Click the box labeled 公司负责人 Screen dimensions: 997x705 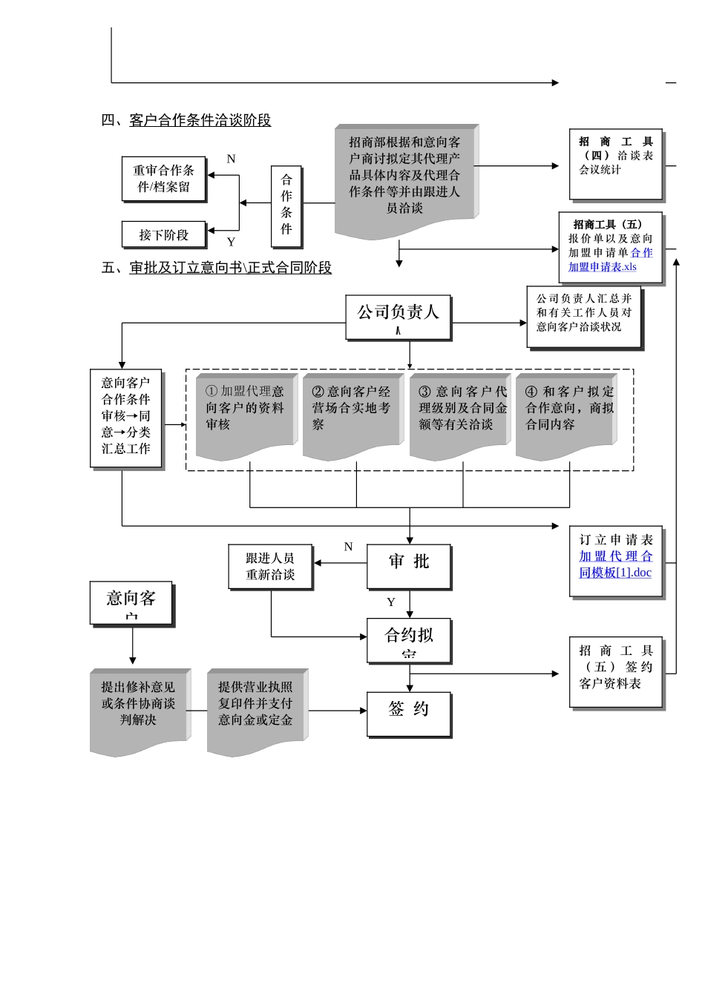coord(399,317)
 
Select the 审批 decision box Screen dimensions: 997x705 coord(409,567)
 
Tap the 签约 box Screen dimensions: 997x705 coord(409,714)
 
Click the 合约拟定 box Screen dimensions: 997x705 coord(409,640)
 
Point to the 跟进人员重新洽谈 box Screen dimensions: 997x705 coord(270,567)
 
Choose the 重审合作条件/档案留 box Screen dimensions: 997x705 coord(164,179)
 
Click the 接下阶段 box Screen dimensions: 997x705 coord(164,234)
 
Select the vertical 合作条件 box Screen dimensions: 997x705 coord(286,205)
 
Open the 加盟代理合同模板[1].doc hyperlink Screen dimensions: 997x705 coord(616,565)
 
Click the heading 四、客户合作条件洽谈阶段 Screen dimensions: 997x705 coord(186,120)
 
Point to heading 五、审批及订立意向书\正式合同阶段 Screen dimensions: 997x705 coord(217,268)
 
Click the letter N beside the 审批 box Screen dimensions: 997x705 coord(348,547)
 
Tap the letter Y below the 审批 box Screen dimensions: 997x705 coord(391,602)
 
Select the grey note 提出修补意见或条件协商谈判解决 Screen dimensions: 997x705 coord(139,711)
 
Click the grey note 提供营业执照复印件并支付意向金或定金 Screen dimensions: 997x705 coord(255,711)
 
